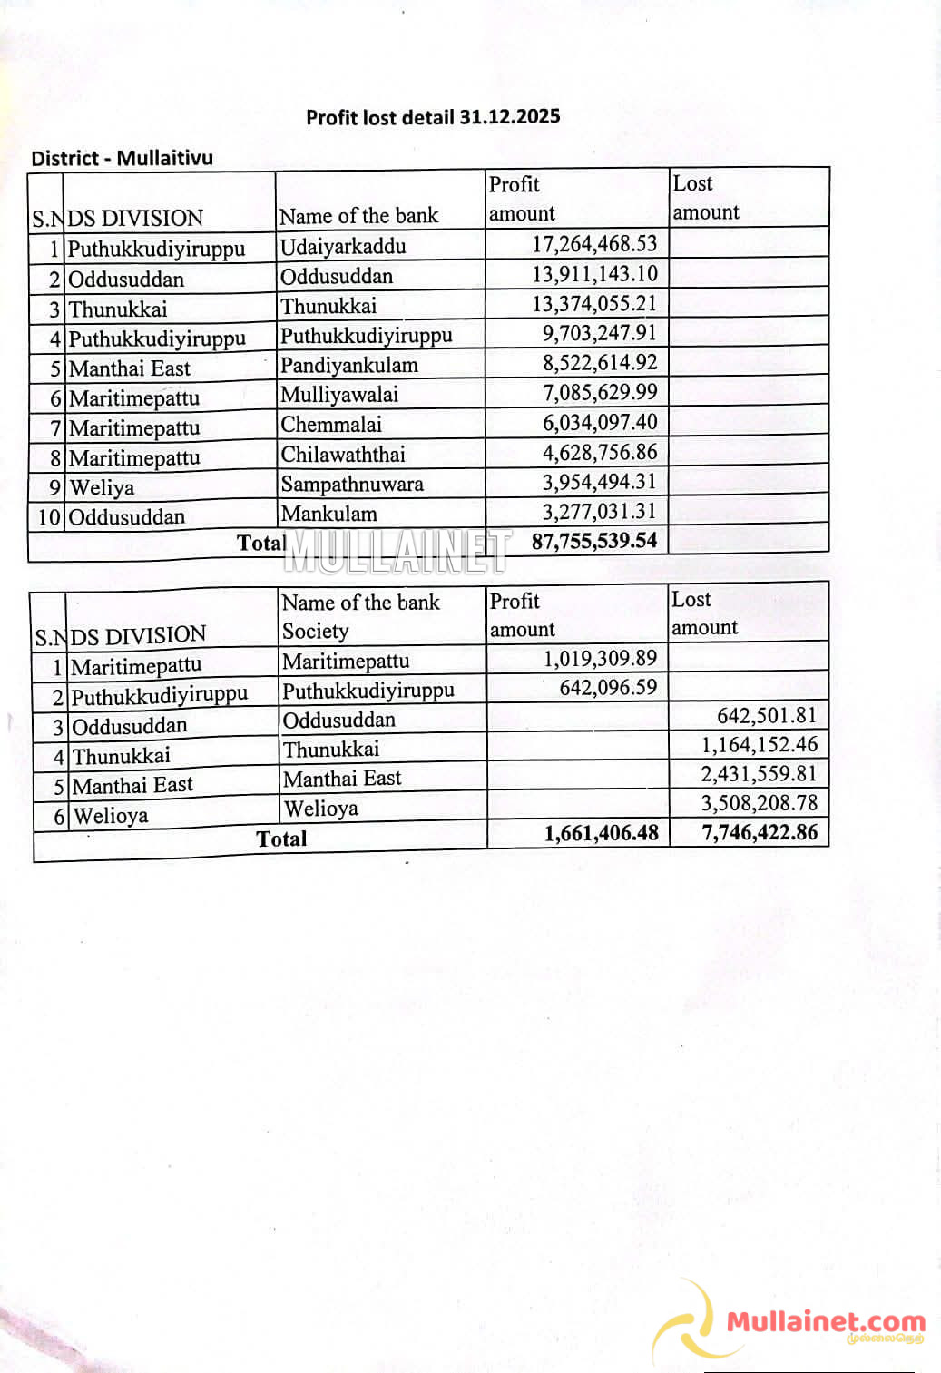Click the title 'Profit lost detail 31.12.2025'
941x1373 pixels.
click(x=433, y=117)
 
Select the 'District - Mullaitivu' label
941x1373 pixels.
click(x=122, y=158)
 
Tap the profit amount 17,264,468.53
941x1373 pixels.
click(x=594, y=244)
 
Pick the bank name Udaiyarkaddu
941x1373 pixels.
click(x=343, y=247)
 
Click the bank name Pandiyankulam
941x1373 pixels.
click(x=349, y=366)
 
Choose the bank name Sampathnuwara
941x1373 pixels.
click(x=352, y=484)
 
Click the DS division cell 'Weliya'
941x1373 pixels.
click(x=102, y=488)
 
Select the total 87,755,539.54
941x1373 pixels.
click(x=594, y=542)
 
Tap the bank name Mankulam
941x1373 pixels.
click(x=328, y=514)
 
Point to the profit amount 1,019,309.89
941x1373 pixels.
click(x=600, y=659)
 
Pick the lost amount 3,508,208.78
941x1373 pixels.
click(x=759, y=803)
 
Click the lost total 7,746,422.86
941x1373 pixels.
click(x=760, y=832)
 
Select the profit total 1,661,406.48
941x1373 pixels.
click(x=601, y=833)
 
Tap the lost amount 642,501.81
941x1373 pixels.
click(x=767, y=716)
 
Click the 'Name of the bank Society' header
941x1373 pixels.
click(x=360, y=616)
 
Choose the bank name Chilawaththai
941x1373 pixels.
click(x=343, y=455)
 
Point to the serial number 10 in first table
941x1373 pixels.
click(x=49, y=517)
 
